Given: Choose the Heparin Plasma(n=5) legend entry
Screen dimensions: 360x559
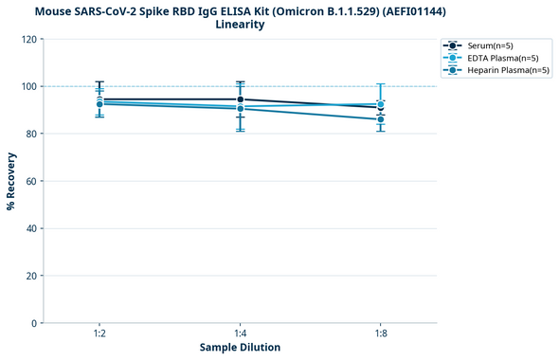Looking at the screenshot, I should click(x=498, y=70).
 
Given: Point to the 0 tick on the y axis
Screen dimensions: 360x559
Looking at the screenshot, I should click(x=34, y=323).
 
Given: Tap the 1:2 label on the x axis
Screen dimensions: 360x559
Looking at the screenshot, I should click(x=99, y=334).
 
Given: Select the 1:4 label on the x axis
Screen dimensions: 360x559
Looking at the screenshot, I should click(x=240, y=334).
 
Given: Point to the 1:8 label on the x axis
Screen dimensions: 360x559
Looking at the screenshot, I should click(x=381, y=334).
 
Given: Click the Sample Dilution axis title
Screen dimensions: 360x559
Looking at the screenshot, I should click(x=240, y=348).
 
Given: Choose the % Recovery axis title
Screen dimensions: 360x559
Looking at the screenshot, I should click(x=10, y=181).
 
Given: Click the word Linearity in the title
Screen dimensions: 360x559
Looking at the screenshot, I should click(x=240, y=25).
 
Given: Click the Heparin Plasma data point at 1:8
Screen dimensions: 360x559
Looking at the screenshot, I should click(x=381, y=119).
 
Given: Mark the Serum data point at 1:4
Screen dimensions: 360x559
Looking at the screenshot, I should click(x=241, y=99).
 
